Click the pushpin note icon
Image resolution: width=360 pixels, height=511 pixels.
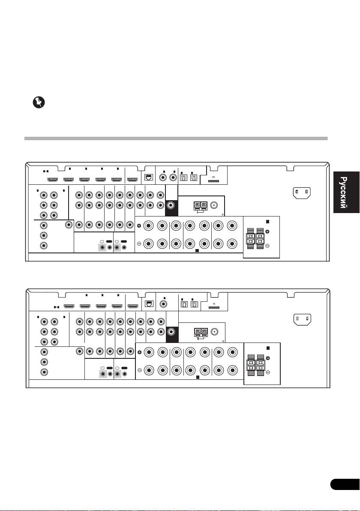(39, 103)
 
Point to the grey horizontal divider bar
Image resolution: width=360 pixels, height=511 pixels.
(176, 139)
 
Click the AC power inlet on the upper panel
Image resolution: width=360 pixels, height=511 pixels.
(302, 193)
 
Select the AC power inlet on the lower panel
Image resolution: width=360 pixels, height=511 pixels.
(302, 319)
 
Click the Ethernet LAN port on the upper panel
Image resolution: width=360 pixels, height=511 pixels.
(150, 176)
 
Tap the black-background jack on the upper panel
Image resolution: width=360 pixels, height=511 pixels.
(171, 206)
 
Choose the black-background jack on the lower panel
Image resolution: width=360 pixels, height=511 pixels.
(171, 331)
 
